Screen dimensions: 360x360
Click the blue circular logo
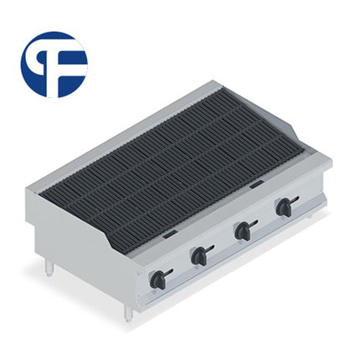[x=54, y=64]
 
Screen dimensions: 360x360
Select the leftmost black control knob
[x=158, y=280]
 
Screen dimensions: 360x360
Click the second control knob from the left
[x=200, y=256]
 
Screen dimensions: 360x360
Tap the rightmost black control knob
[x=286, y=207]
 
